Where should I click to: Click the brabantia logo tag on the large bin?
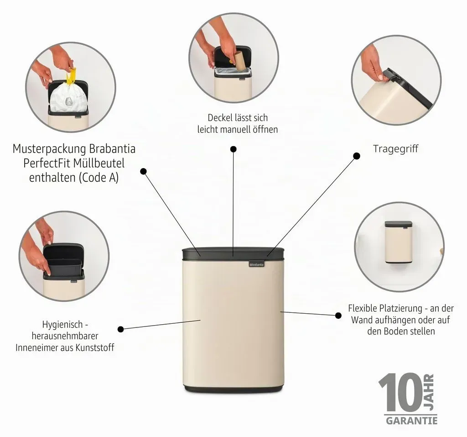257,264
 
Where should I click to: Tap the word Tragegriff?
395,148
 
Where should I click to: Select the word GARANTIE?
412,421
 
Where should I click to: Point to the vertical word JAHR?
429,392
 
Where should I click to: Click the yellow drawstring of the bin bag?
71,77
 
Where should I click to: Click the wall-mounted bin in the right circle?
398,242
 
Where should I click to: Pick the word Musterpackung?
49,149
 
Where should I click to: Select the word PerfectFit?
47,163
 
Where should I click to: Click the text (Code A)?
99,178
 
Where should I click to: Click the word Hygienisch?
62,325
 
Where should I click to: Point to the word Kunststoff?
95,348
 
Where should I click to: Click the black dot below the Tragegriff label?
357,156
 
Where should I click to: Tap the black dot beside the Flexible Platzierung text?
338,315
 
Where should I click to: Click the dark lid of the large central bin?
233,253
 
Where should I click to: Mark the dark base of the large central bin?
233,389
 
